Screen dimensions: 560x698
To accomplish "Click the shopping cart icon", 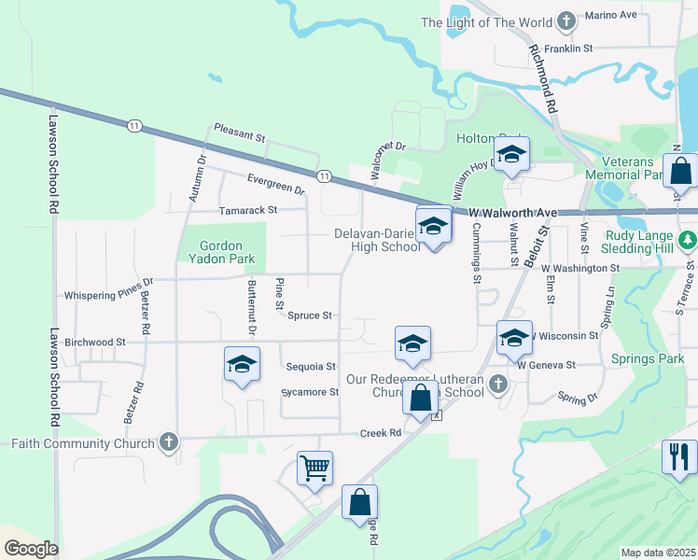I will pyautogui.click(x=315, y=468).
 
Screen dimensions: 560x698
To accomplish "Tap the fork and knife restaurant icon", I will pyautogui.click(x=678, y=456).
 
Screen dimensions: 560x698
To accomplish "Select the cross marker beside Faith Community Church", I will pyautogui.click(x=169, y=441).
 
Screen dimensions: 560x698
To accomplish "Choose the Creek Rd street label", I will pyautogui.click(x=381, y=433).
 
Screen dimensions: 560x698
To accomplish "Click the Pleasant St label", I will pyautogui.click(x=240, y=133).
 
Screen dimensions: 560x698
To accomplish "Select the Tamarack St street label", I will pyautogui.click(x=248, y=211).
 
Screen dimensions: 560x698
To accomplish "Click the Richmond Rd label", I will pyautogui.click(x=542, y=79).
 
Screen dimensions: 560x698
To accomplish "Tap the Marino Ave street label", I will pyautogui.click(x=610, y=16).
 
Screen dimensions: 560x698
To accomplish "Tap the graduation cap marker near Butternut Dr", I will pyautogui.click(x=242, y=364).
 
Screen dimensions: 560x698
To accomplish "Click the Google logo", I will pyautogui.click(x=30, y=549).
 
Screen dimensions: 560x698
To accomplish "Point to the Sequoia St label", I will pyautogui.click(x=312, y=367).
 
